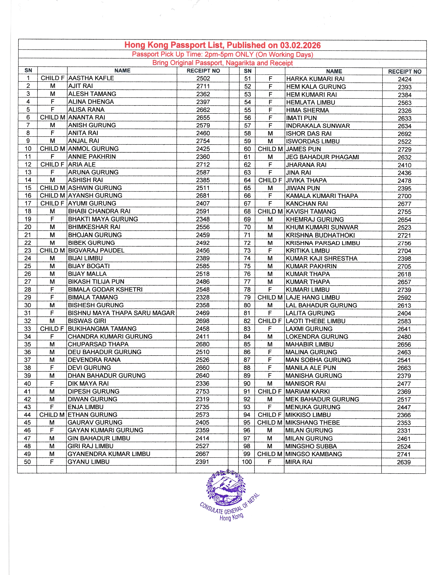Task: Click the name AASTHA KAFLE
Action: click(x=91, y=78)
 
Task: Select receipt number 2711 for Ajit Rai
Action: click(x=203, y=86)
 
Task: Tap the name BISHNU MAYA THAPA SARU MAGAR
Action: click(x=121, y=313)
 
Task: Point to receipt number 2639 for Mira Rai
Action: click(x=404, y=462)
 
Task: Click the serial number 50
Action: click(x=27, y=462)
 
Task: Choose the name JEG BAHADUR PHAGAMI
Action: click(x=322, y=157)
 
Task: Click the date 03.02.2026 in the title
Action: click(x=300, y=45)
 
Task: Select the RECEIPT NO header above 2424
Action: click(x=404, y=72)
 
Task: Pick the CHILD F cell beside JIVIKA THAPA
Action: click(x=270, y=180)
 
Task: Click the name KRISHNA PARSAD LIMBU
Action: click(x=323, y=243)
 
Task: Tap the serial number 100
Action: click(x=247, y=462)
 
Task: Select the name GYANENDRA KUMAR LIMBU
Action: click(x=109, y=454)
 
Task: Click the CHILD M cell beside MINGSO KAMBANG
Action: click(x=269, y=454)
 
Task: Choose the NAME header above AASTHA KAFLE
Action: click(x=122, y=71)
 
